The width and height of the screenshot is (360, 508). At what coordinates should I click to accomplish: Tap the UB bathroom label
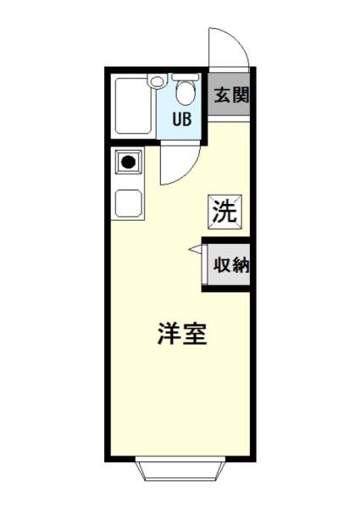point(182,119)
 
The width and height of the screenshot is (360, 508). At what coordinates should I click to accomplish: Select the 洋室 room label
point(182,334)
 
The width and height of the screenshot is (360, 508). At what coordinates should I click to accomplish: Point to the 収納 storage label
point(230,264)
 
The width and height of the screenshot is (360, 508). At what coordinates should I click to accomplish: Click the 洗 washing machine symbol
point(224,211)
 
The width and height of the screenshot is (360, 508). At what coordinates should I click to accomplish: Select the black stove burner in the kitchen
point(128,163)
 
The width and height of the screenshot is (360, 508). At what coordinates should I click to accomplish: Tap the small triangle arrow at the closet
point(195,249)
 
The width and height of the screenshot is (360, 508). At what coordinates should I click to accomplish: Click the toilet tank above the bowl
point(184,77)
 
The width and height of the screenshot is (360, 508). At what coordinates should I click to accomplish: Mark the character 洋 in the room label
point(169,334)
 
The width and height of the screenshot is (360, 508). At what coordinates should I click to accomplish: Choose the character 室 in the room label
point(195,334)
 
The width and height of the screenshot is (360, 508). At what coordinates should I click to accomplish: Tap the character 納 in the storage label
point(240,264)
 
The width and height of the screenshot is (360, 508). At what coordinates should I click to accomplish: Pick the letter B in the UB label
point(188,119)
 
